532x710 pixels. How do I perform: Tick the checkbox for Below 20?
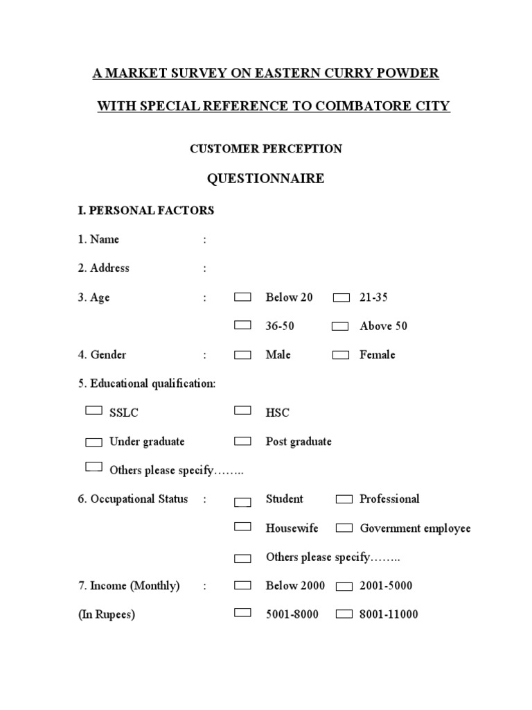pyautogui.click(x=242, y=297)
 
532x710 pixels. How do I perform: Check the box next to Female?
pyautogui.click(x=340, y=355)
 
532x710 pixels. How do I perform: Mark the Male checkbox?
pyautogui.click(x=242, y=355)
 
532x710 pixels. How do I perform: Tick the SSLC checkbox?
pyautogui.click(x=94, y=410)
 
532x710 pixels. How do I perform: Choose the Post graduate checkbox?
pyautogui.click(x=242, y=440)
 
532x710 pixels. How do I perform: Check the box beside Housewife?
pyautogui.click(x=242, y=526)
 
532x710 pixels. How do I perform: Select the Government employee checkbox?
pyautogui.click(x=344, y=528)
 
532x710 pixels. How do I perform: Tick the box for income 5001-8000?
pyautogui.click(x=242, y=612)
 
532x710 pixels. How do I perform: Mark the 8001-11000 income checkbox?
pyautogui.click(x=344, y=614)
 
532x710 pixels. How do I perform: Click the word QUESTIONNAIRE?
pyautogui.click(x=265, y=179)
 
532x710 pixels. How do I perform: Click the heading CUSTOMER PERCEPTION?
pyautogui.click(x=265, y=148)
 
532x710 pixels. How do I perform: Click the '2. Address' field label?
pyautogui.click(x=103, y=268)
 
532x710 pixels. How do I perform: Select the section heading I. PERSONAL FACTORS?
pyautogui.click(x=145, y=210)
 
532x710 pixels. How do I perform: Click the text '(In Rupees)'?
pyautogui.click(x=106, y=614)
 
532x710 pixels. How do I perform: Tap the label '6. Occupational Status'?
pyautogui.click(x=132, y=499)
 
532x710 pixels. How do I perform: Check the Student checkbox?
pyautogui.click(x=242, y=501)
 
